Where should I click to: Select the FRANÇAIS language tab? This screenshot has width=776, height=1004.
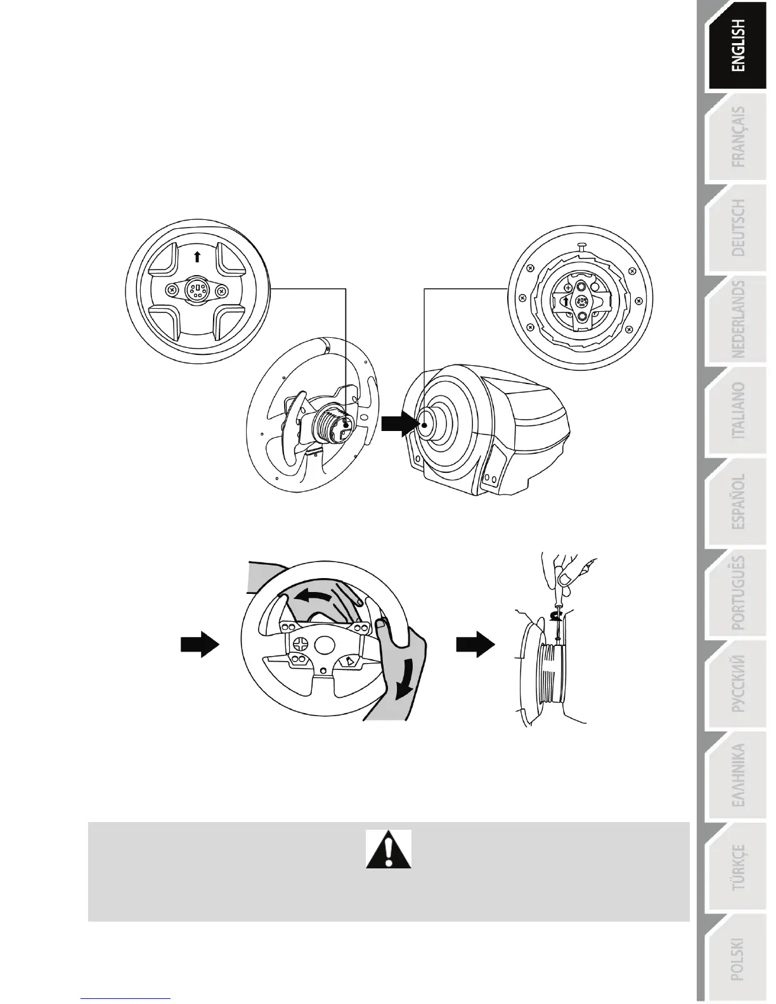coord(738,137)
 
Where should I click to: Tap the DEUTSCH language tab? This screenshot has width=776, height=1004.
coord(738,228)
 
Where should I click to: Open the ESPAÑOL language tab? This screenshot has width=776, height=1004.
coord(738,501)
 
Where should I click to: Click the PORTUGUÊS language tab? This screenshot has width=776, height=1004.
coord(738,593)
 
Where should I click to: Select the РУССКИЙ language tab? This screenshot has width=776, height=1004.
coord(738,684)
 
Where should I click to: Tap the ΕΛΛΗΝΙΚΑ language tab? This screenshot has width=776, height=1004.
coord(738,775)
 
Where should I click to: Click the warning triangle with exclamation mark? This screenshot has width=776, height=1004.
coord(389,849)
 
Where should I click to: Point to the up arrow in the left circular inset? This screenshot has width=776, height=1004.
coord(197,256)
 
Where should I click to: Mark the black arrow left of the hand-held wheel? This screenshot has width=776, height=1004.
coord(200,645)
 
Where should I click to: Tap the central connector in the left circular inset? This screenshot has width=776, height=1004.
coord(197,291)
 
